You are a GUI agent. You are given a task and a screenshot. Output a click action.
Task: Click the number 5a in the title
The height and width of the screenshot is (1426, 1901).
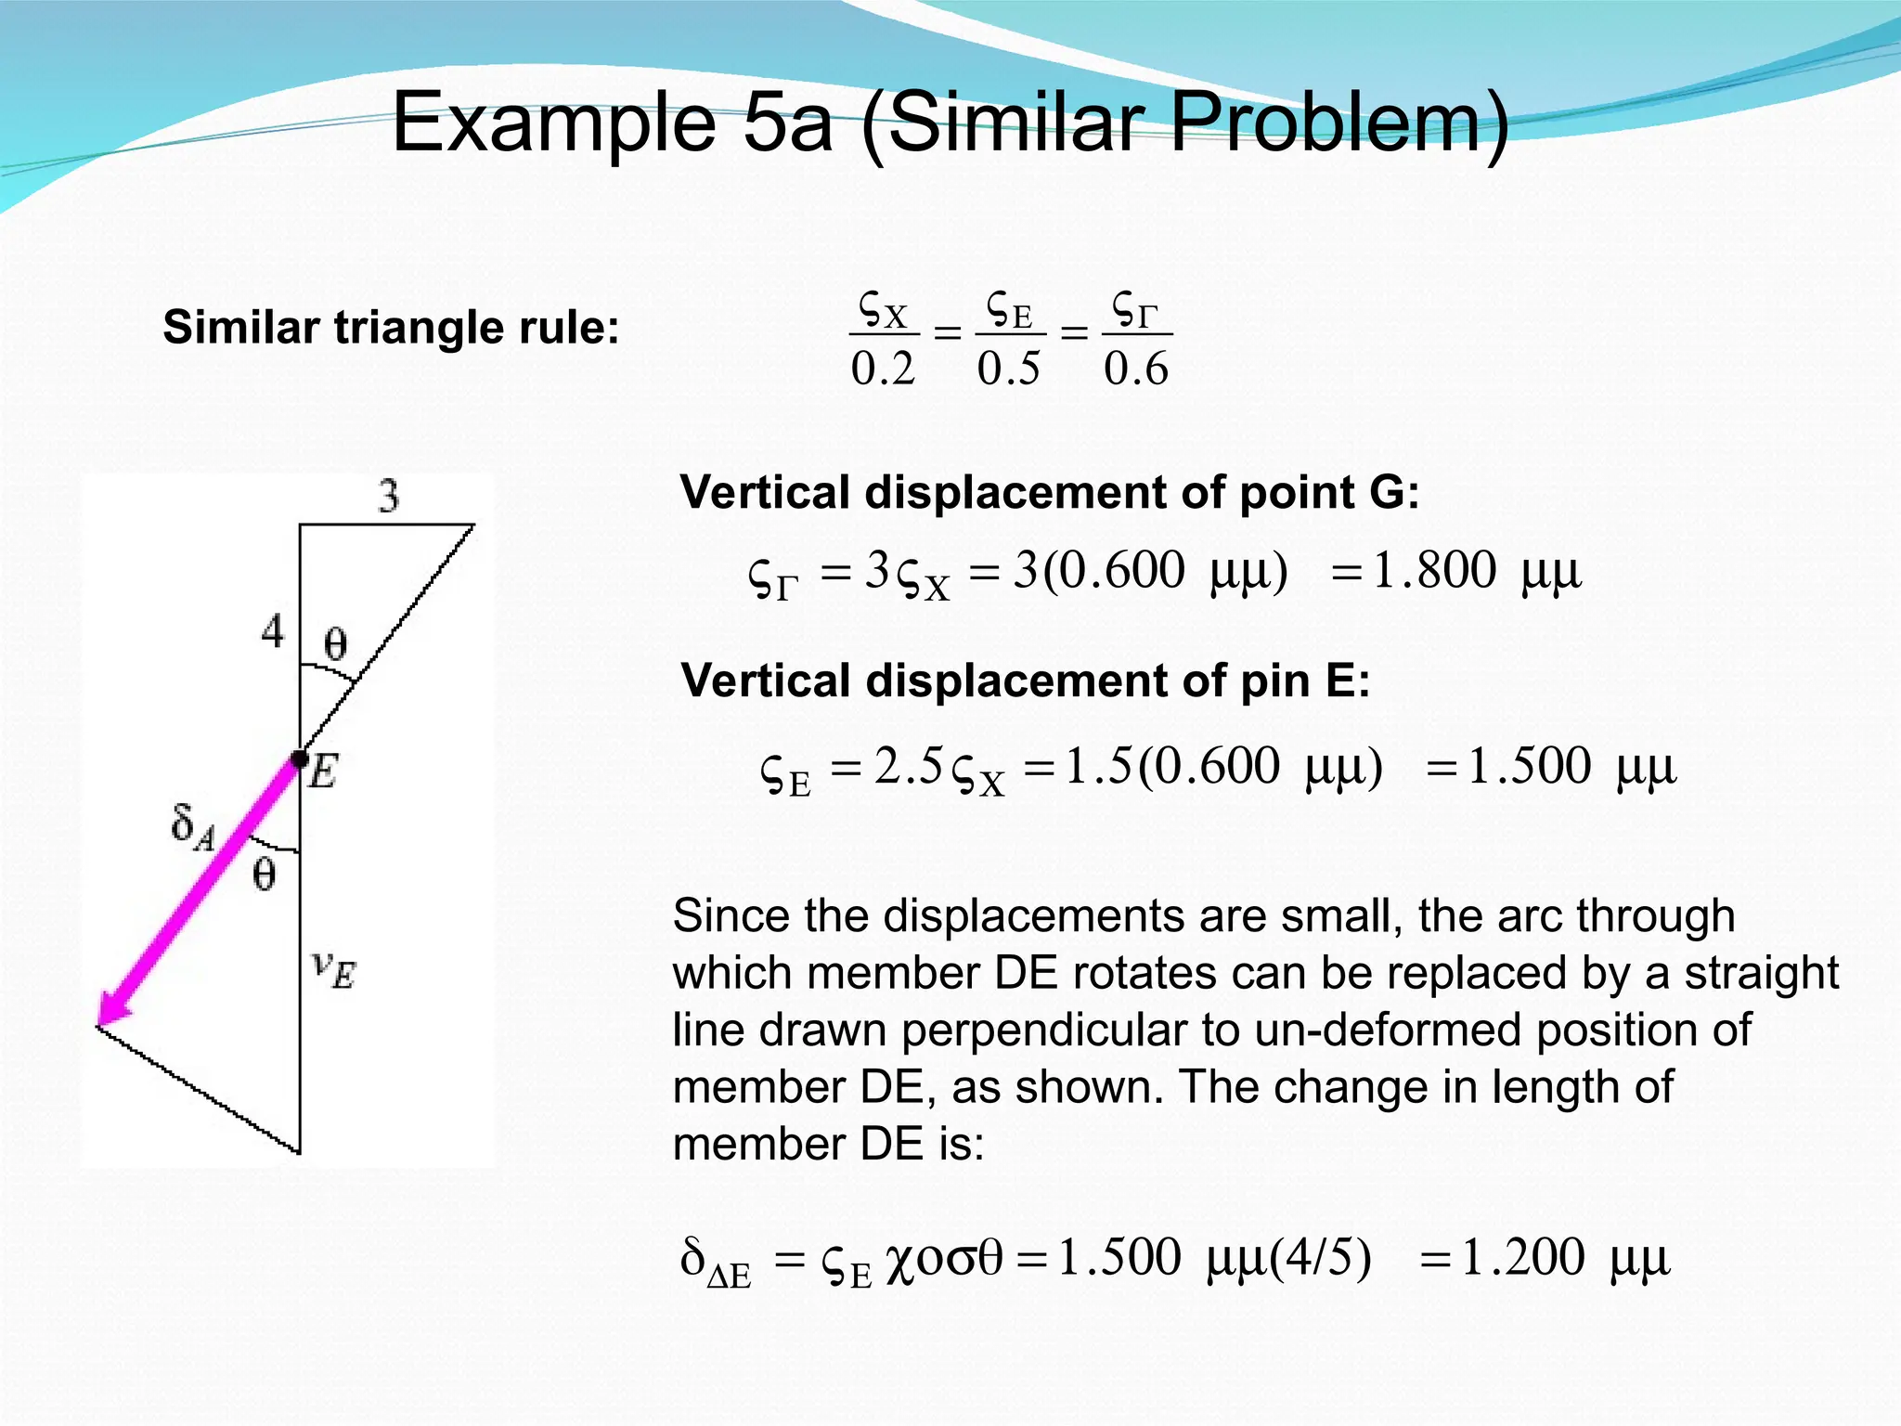[787, 123]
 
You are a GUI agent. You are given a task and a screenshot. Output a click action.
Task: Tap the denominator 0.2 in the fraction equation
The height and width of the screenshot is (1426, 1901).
[883, 369]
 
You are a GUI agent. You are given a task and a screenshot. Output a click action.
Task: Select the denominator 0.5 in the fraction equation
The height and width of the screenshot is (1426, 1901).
[1009, 369]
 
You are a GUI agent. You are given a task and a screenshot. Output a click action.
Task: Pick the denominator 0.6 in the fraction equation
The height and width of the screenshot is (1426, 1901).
[1136, 369]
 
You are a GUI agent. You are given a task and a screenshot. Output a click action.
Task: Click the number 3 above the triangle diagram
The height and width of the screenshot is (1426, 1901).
[389, 496]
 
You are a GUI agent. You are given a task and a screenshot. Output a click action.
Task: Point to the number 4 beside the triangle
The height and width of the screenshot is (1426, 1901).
[272, 632]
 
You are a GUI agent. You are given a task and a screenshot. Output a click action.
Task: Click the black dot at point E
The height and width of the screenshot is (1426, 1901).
[299, 759]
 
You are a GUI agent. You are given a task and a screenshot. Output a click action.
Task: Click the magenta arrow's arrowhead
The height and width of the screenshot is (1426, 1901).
[111, 1012]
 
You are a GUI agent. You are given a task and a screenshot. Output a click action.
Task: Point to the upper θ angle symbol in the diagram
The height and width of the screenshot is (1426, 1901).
[335, 643]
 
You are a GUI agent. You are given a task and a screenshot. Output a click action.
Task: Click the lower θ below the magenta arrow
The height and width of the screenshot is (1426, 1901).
[265, 875]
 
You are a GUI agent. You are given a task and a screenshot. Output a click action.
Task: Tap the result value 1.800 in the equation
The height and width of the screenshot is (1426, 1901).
[1434, 570]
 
